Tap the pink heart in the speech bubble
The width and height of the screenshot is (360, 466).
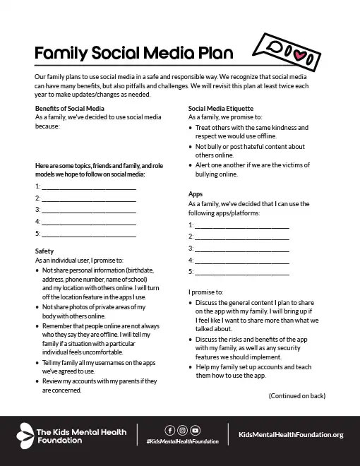coord(300,52)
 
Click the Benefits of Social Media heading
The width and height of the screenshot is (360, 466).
coord(66,107)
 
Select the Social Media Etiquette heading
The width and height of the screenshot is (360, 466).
coord(225,107)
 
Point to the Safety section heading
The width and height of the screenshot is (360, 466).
coord(44,251)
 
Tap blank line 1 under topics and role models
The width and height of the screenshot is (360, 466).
coord(88,187)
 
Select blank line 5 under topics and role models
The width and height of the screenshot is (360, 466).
coord(88,233)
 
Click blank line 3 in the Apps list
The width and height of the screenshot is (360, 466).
coord(241,249)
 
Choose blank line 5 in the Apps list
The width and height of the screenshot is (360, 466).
coord(241,272)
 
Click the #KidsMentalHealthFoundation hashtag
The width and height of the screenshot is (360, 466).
coord(182,441)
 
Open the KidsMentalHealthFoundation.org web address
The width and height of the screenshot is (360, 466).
coord(291,434)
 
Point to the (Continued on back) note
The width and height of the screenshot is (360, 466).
coord(297,396)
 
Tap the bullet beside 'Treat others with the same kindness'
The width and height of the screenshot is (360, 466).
coord(191,128)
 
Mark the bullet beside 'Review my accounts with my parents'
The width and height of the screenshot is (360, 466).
coord(37,381)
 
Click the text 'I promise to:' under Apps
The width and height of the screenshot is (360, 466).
coord(206,292)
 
